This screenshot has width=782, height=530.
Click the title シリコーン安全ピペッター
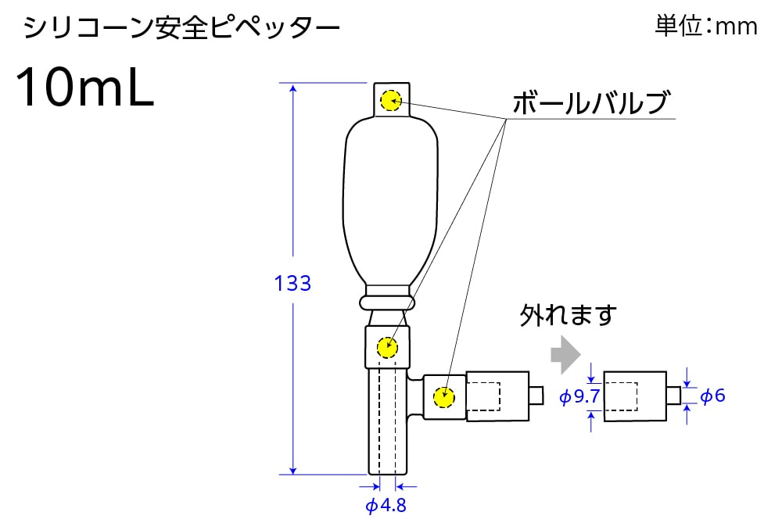pos(181,29)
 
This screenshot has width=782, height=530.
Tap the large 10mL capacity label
pos(84,88)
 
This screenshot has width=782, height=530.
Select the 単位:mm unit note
pos(705,27)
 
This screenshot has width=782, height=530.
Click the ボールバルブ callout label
pos(591,102)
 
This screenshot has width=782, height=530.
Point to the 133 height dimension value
pos(292,283)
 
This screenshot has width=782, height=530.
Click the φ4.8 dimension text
pos(386,505)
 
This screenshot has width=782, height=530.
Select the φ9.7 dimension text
pos(579,397)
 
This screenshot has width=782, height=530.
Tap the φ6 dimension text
pos(712,396)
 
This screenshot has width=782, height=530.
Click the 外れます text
pos(569,315)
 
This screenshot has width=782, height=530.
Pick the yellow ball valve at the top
pos(390,100)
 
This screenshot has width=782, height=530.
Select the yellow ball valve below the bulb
pos(386,346)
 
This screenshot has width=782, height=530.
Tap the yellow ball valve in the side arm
pos(444,396)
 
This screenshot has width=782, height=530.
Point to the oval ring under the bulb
pos(386,302)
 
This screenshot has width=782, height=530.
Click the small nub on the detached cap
pos(673,395)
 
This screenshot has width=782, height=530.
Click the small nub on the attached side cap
pos(536,396)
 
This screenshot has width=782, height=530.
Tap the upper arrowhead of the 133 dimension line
pos(293,88)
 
